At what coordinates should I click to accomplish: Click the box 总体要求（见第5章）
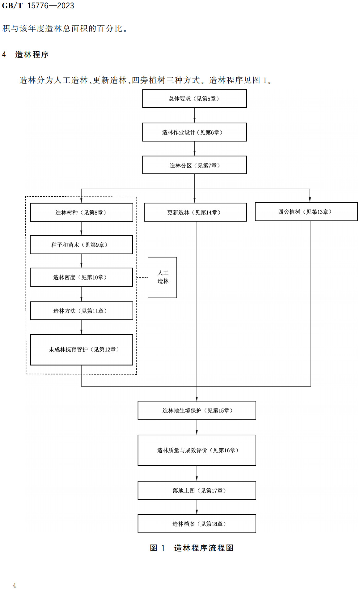tap(194, 99)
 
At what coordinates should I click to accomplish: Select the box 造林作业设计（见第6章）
tap(194, 132)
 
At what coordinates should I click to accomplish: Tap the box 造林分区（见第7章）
tap(194, 165)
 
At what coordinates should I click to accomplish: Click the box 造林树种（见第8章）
tap(82, 212)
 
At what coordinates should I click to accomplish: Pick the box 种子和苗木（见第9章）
tap(81, 245)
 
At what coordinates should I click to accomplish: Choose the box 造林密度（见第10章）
tap(81, 277)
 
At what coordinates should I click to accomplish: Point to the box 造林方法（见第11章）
tap(82, 311)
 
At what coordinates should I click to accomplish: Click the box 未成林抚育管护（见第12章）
tap(82, 350)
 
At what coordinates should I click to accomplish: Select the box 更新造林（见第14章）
tap(195, 212)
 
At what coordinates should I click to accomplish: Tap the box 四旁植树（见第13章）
tap(306, 212)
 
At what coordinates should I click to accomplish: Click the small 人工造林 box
tap(162, 277)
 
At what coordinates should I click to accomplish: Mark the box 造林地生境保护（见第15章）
tap(197, 410)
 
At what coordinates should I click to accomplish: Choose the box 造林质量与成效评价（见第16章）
tap(197, 450)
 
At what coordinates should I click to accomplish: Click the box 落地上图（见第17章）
tap(197, 490)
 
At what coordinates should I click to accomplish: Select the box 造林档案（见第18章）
tap(197, 524)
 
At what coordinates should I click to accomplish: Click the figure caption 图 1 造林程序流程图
tap(192, 548)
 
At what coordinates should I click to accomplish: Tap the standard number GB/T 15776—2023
tap(38, 6)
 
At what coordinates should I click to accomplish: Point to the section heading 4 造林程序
tap(25, 55)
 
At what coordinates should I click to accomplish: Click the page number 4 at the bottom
tap(14, 585)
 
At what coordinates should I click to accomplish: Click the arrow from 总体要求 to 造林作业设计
tap(194, 115)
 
